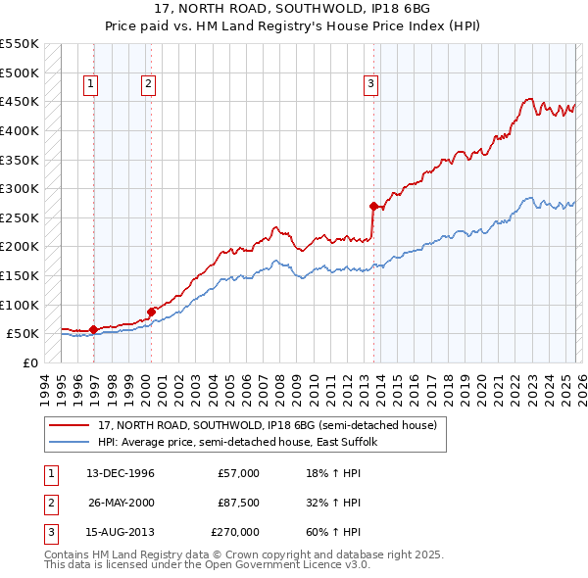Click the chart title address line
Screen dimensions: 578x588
[x=293, y=9]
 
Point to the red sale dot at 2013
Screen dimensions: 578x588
[x=373, y=206]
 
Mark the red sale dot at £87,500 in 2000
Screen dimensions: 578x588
[x=151, y=312]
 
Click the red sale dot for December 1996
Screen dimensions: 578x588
[x=93, y=329]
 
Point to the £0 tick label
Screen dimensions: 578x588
[x=29, y=362]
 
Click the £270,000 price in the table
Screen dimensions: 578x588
[x=235, y=532]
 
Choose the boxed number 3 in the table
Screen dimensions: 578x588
[x=50, y=532]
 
